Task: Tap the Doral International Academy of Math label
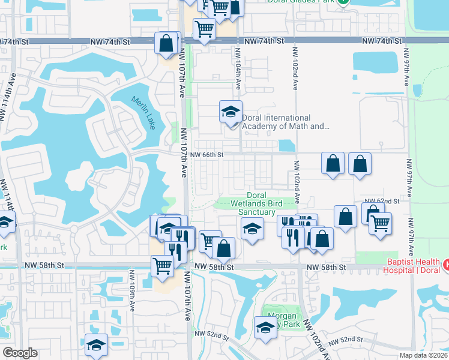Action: [285, 122]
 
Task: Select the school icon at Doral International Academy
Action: [231, 112]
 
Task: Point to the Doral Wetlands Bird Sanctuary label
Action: [256, 204]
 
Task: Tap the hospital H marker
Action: [446, 264]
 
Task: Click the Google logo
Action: [20, 353]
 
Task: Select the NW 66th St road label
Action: [206, 155]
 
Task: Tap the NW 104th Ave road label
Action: [238, 79]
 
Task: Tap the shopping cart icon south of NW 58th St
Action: [163, 266]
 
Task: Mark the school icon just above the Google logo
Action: [96, 345]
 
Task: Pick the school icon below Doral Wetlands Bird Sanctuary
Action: [252, 229]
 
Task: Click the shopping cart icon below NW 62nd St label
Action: [380, 224]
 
